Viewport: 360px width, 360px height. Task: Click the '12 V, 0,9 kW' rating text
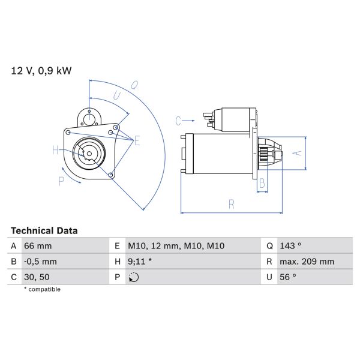click(41, 71)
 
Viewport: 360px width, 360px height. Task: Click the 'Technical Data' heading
click(44, 230)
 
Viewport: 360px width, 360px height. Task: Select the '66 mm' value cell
click(38, 246)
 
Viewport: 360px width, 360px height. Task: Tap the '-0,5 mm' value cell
click(40, 262)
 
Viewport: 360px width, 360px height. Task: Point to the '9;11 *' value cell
click(140, 262)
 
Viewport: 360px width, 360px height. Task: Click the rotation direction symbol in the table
click(134, 277)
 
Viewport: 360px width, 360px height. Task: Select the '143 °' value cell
click(290, 246)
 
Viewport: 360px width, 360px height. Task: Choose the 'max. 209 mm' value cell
click(307, 262)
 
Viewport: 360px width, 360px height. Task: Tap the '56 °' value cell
click(288, 277)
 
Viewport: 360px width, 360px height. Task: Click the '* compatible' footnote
click(42, 289)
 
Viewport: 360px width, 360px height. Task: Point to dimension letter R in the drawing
click(231, 204)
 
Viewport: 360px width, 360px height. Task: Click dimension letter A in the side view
click(296, 152)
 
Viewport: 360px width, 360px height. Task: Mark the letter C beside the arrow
click(178, 121)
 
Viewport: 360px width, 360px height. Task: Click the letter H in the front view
click(55, 150)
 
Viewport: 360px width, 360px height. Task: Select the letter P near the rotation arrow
click(61, 181)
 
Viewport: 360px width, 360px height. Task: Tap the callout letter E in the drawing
click(137, 141)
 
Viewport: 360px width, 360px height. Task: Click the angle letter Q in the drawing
click(135, 85)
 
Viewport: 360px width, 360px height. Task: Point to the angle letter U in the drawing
click(117, 95)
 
